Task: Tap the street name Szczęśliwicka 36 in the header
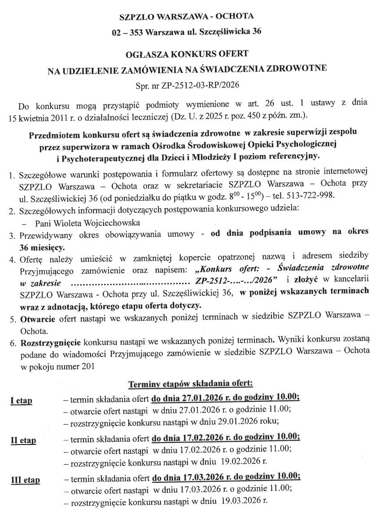click(x=232, y=32)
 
